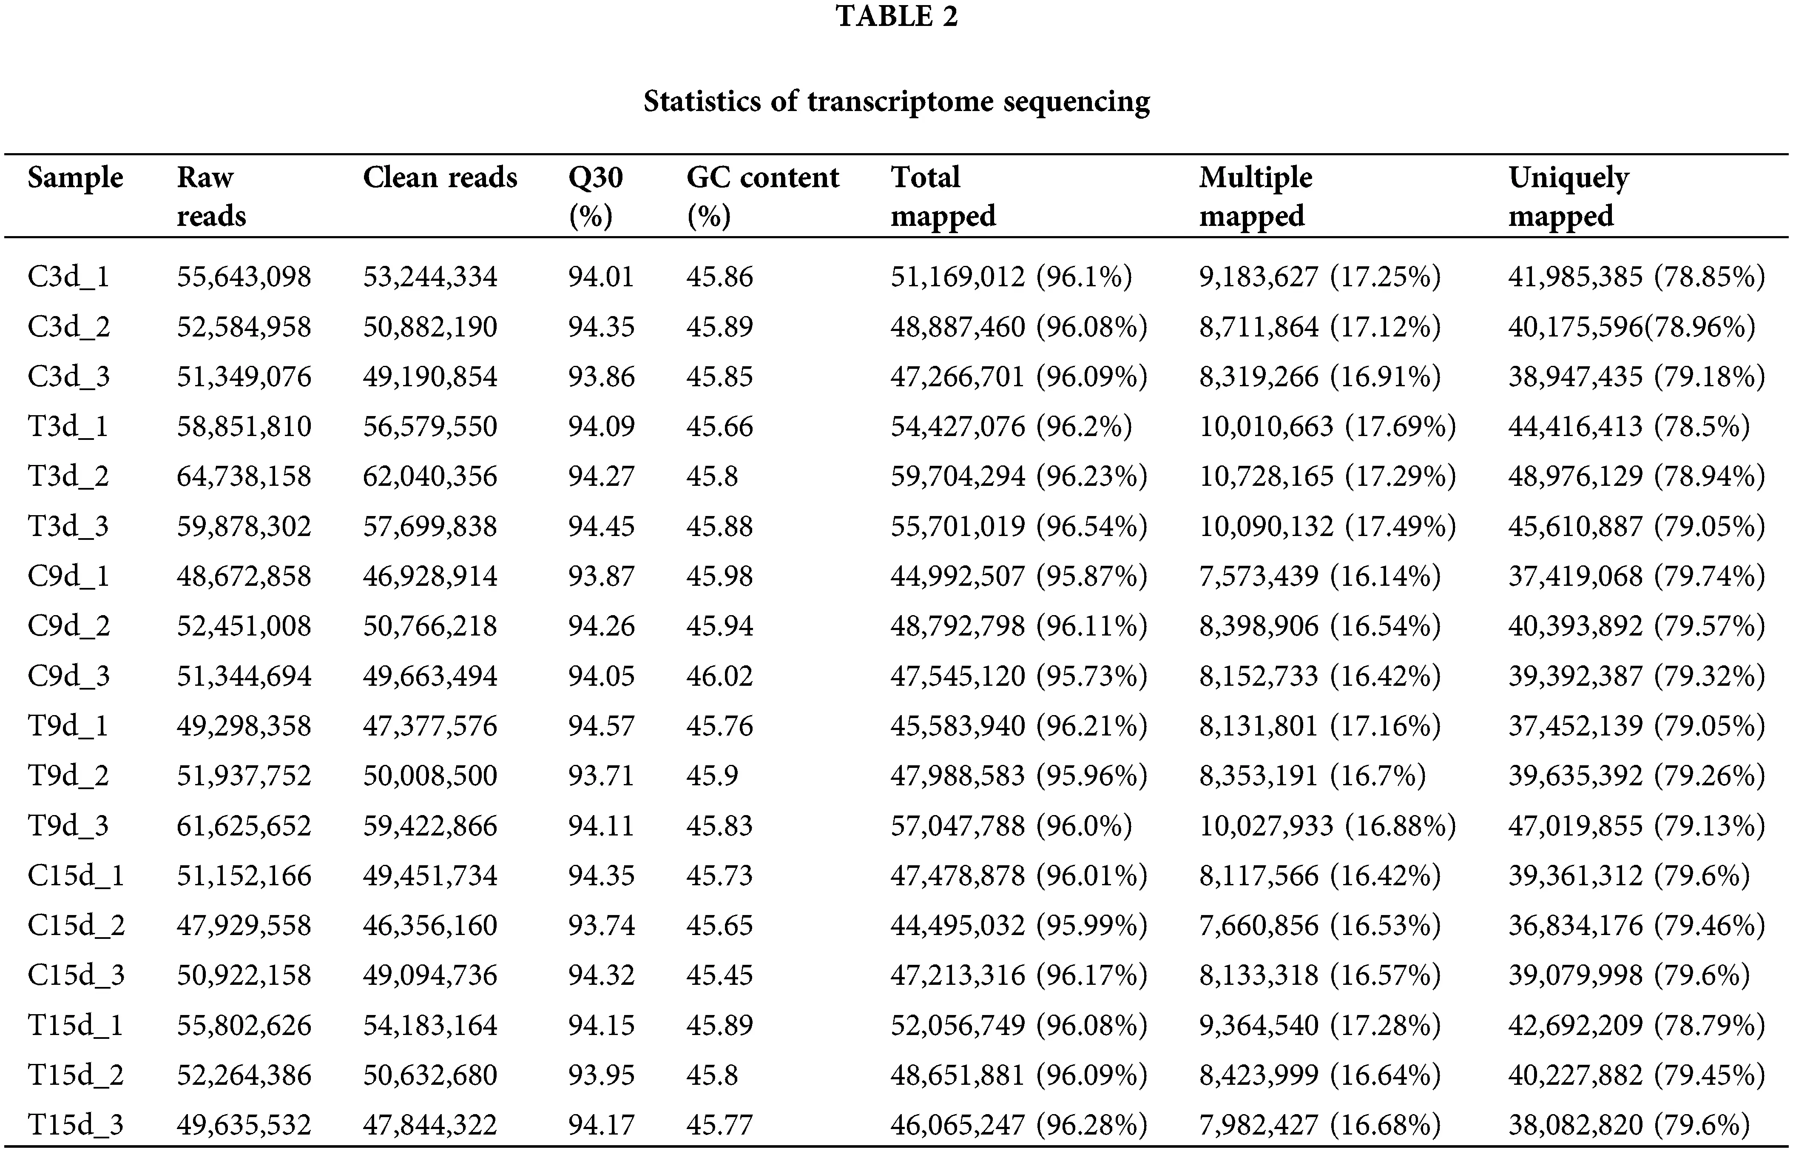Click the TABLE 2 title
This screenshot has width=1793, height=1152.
896,17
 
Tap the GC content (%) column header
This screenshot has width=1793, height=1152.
763,196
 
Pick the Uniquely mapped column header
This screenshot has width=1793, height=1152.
1568,196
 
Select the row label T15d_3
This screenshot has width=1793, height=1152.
76,1124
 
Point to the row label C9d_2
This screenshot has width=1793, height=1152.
69,625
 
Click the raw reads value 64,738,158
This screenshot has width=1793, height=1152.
244,476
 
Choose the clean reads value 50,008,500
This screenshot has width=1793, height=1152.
430,775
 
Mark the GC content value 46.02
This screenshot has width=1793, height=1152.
720,676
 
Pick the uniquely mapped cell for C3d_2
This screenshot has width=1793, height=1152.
1631,327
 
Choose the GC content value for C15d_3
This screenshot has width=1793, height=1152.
719,975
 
